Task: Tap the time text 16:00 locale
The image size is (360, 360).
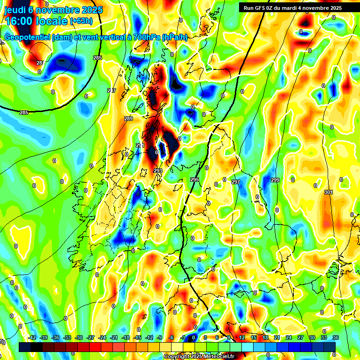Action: click(36, 21)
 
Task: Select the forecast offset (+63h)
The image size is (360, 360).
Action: click(81, 21)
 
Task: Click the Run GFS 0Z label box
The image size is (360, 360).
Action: click(292, 8)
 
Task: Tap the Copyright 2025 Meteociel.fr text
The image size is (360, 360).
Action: click(198, 357)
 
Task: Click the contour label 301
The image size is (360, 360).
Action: click(328, 192)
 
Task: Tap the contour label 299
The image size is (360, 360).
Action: click(275, 180)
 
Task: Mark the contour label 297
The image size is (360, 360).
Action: click(235, 182)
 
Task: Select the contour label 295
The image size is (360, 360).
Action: click(195, 180)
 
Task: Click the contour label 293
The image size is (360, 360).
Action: click(158, 171)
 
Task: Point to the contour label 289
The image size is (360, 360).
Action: click(128, 119)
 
